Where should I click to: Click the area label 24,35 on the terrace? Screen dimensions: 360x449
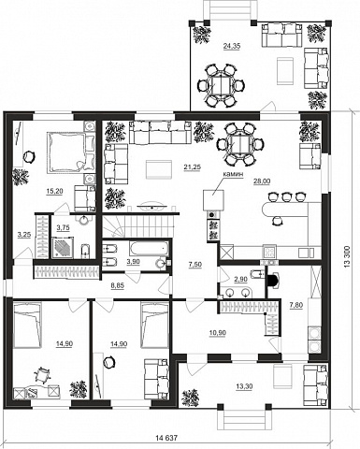[232, 46]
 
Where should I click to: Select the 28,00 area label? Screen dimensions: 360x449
[262, 181]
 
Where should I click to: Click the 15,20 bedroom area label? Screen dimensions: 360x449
[54, 192]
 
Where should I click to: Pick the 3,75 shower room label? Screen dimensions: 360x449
[63, 228]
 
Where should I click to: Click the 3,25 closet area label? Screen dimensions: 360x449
[24, 235]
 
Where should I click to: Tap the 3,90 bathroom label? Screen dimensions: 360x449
[133, 262]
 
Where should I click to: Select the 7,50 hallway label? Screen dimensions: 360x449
[195, 265]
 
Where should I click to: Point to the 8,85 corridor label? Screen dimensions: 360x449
[118, 285]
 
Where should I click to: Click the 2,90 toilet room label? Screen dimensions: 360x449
[240, 279]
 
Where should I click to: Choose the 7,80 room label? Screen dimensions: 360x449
[296, 305]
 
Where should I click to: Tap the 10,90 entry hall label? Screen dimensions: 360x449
[217, 333]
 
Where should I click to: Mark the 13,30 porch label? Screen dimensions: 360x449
[244, 386]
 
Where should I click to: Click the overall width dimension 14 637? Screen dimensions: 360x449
[166, 438]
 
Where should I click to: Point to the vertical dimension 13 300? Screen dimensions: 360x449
[348, 256]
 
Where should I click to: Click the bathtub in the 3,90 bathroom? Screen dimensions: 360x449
[149, 249]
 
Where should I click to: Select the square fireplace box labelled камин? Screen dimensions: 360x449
[213, 200]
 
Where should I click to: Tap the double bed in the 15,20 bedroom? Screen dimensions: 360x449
[66, 152]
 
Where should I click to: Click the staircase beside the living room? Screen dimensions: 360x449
[138, 226]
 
